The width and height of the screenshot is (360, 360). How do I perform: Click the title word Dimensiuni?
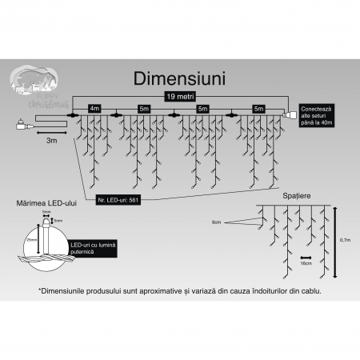[180, 79]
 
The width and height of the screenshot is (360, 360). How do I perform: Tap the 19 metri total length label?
[179, 95]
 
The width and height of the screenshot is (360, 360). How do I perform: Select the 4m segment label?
[94, 107]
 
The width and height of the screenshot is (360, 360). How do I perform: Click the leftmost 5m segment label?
[143, 107]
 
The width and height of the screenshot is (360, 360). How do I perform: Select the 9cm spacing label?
[217, 222]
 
